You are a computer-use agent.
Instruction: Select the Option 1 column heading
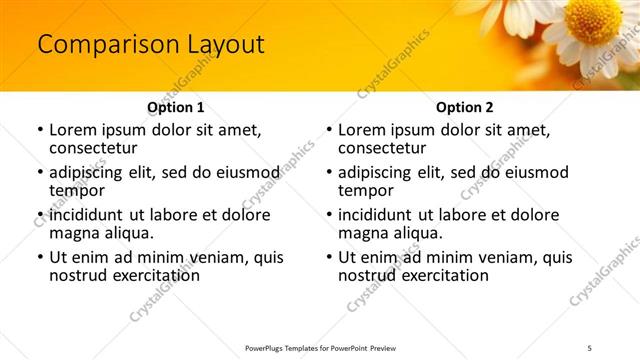(x=175, y=107)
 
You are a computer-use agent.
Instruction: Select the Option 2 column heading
(x=464, y=107)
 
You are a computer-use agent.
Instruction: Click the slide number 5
(x=589, y=348)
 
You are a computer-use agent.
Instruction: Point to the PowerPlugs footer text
(x=319, y=348)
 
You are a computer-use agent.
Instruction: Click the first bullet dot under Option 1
(x=39, y=131)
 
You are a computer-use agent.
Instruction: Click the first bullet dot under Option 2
(x=328, y=131)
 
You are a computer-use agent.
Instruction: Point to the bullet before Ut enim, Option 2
(x=328, y=258)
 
